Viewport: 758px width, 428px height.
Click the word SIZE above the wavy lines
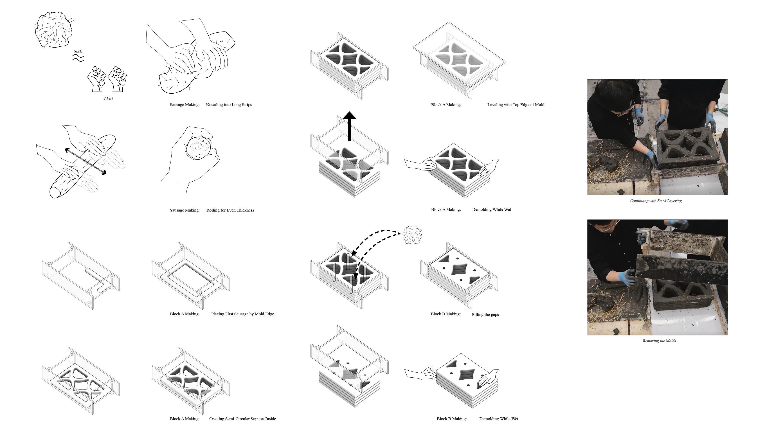[78, 51]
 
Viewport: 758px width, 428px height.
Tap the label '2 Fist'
[108, 98]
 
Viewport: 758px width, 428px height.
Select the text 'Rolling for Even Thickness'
[230, 210]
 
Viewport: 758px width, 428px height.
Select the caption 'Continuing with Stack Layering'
[656, 201]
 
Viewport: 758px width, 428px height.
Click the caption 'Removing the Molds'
[659, 341]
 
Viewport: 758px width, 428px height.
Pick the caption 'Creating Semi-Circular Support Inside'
[243, 419]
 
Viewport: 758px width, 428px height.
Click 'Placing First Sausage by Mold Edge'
[243, 314]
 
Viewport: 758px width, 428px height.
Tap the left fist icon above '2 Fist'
[97, 79]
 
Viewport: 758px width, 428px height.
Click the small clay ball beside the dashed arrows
[412, 235]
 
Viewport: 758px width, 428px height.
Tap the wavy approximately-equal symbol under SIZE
[78, 58]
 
